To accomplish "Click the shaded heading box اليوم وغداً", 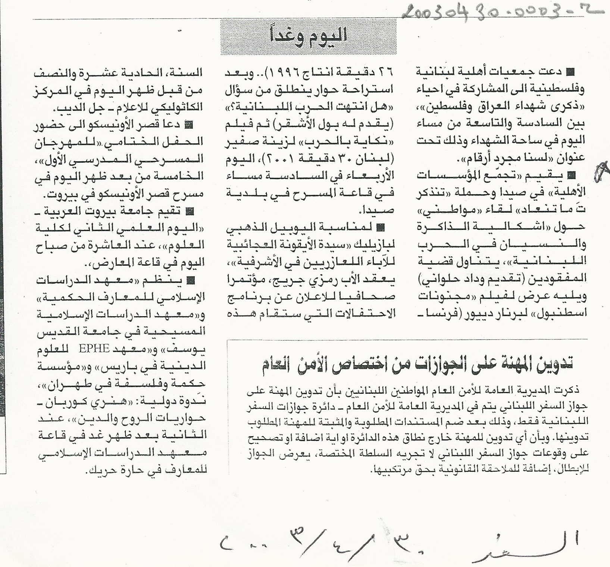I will click(x=308, y=37).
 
